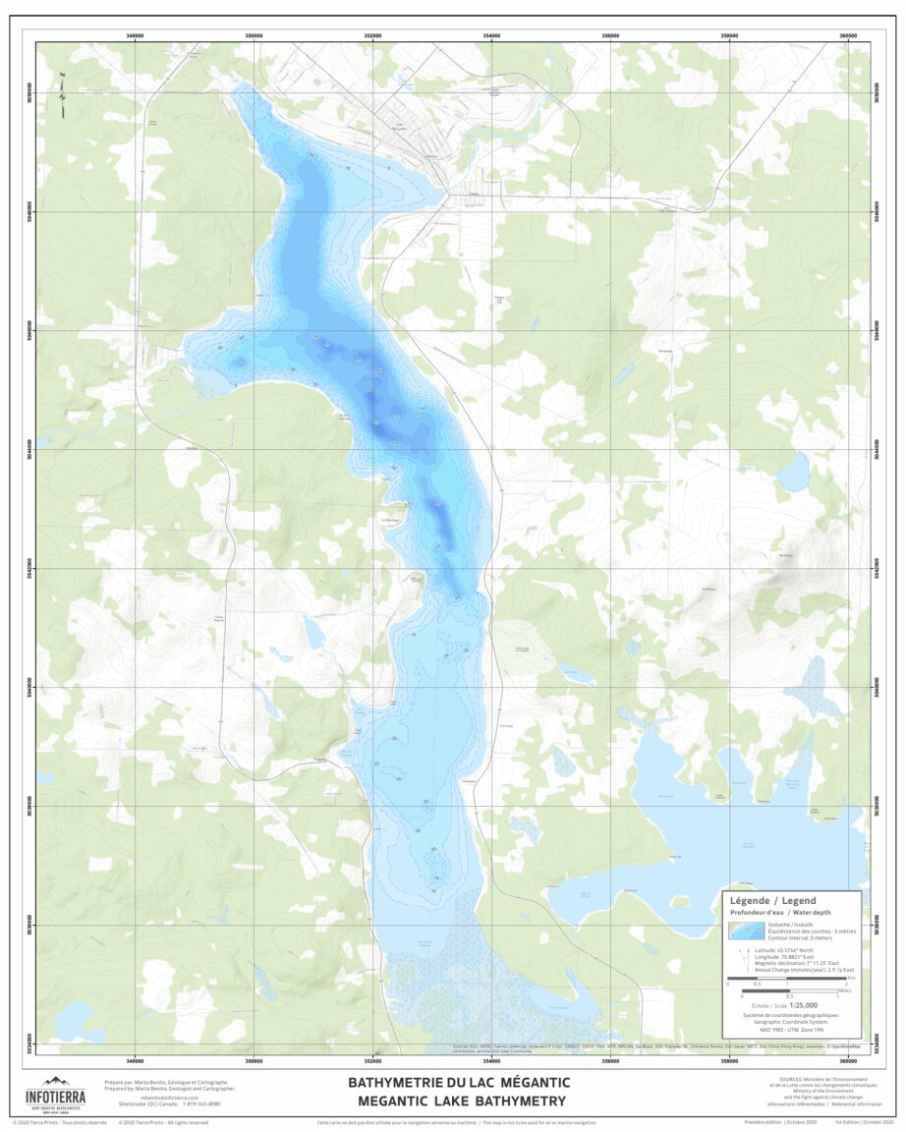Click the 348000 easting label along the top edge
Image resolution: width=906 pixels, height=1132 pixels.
(x=136, y=35)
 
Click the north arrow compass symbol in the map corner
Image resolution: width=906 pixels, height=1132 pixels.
(x=61, y=87)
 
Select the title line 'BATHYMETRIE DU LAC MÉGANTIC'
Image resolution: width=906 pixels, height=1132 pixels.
(x=458, y=1082)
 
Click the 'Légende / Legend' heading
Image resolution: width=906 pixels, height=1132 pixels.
(x=772, y=900)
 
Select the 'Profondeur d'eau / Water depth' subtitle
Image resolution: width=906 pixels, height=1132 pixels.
(x=773, y=912)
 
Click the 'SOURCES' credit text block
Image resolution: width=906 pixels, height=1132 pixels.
(x=816, y=1090)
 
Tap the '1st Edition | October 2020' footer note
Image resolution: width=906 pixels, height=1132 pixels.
(x=864, y=1121)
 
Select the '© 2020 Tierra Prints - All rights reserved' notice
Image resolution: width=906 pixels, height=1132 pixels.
(x=162, y=1121)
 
